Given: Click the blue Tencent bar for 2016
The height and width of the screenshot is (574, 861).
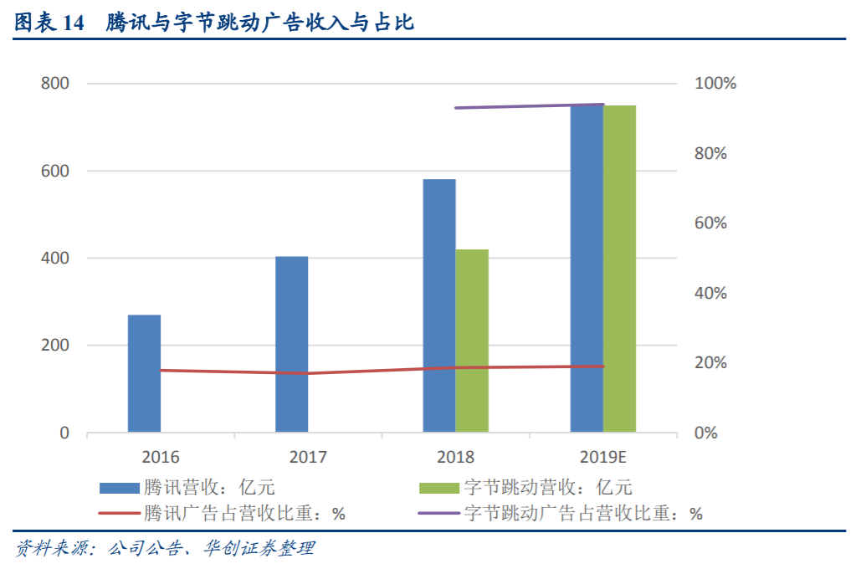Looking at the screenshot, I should click(144, 374).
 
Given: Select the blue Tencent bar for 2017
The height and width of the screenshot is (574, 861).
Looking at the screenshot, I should click(292, 345).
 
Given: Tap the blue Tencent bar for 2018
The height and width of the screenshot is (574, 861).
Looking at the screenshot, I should click(439, 306).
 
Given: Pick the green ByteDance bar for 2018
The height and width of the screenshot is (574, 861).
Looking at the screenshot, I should click(472, 341).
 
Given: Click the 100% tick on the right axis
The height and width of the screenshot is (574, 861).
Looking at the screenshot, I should click(715, 84).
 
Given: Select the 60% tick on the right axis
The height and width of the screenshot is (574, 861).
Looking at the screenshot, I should click(710, 223).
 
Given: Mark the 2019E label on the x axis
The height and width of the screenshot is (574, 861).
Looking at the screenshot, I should click(603, 457).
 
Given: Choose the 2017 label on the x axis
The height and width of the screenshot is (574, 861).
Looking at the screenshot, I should click(308, 457).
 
